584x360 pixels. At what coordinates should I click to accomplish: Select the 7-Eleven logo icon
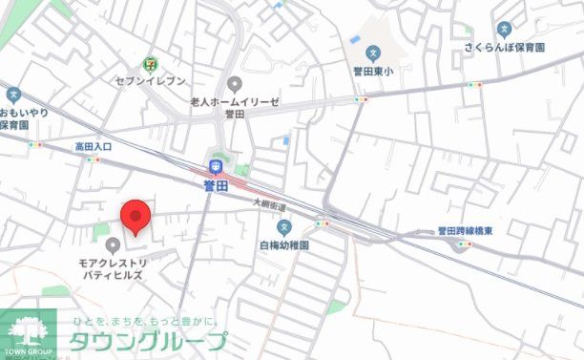click(x=150, y=64)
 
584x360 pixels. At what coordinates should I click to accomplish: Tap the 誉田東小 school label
click(x=374, y=71)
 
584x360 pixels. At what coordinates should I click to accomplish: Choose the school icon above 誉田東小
click(x=374, y=53)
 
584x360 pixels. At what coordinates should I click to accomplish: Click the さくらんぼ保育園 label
click(x=506, y=47)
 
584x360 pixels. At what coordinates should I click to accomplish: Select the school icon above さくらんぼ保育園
click(x=505, y=29)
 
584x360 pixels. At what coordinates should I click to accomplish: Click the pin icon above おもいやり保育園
click(x=13, y=95)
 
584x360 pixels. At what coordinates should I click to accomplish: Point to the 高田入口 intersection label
click(x=94, y=146)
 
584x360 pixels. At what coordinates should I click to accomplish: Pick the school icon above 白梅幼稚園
click(x=283, y=227)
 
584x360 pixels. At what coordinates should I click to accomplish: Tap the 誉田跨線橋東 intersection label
click(x=465, y=230)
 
